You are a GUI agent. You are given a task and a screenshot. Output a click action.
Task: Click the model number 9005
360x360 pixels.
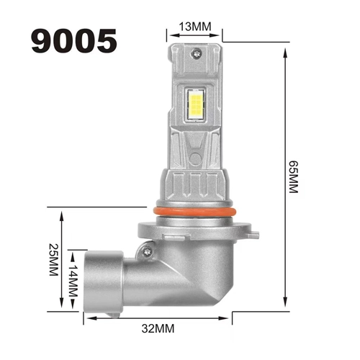73,40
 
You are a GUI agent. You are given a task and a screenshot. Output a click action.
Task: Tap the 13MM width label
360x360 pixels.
195,27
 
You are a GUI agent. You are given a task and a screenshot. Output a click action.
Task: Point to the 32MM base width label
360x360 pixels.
160,330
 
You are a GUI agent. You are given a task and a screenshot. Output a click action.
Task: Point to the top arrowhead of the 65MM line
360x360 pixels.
287,55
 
